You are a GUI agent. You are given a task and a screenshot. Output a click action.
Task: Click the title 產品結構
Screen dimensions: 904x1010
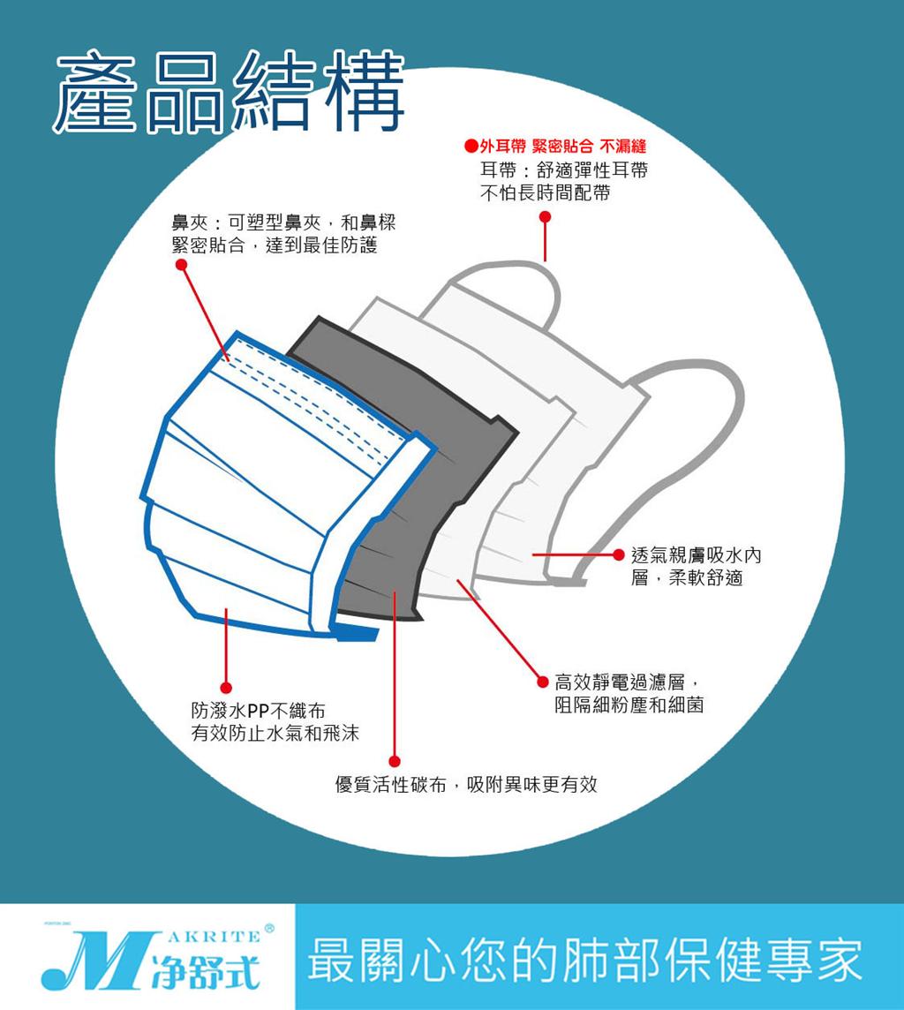tap(229, 92)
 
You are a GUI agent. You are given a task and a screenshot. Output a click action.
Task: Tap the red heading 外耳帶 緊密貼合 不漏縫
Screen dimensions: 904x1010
tap(562, 147)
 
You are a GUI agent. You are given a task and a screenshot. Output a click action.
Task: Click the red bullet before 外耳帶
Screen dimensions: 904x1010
tap(471, 147)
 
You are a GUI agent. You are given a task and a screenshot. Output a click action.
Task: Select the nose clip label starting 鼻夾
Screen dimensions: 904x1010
tap(283, 234)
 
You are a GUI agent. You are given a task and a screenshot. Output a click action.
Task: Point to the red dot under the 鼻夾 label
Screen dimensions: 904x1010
tap(182, 265)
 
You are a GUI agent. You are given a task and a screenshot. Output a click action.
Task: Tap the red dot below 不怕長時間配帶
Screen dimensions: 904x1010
tap(545, 217)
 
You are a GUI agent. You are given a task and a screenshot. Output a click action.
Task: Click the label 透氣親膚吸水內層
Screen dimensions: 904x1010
tap(696, 566)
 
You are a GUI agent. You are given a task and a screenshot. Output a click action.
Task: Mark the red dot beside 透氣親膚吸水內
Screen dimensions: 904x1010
tap(618, 554)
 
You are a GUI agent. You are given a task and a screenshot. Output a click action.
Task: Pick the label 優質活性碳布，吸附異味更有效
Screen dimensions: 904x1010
tap(466, 784)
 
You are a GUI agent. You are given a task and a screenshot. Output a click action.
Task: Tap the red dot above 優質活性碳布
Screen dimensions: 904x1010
tap(395, 761)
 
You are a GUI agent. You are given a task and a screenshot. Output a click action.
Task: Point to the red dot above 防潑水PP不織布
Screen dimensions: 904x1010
tap(226, 688)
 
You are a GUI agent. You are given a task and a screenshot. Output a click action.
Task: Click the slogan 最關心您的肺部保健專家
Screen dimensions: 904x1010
tap(584, 960)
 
